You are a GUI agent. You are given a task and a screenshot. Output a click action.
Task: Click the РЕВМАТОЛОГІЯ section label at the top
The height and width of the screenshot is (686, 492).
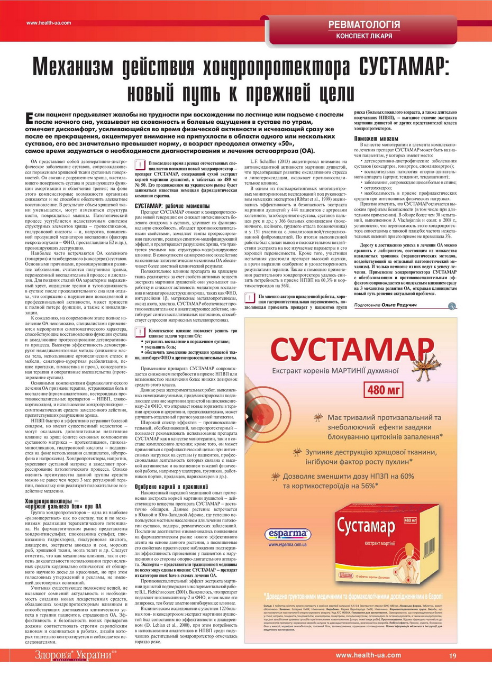(364, 24)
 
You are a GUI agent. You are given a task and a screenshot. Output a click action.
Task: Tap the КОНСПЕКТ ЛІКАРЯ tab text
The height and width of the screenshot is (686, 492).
(364, 36)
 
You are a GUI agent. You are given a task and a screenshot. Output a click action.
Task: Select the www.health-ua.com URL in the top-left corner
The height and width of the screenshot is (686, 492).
(49, 23)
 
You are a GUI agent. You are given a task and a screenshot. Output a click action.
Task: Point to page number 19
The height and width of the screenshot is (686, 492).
(452, 655)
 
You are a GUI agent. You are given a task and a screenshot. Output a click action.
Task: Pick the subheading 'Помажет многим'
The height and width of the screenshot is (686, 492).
(373, 139)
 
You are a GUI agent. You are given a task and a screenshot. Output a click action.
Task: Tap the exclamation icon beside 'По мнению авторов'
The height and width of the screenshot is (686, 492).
(250, 299)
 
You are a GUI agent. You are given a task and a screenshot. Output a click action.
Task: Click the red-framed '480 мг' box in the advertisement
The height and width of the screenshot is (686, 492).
(391, 390)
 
